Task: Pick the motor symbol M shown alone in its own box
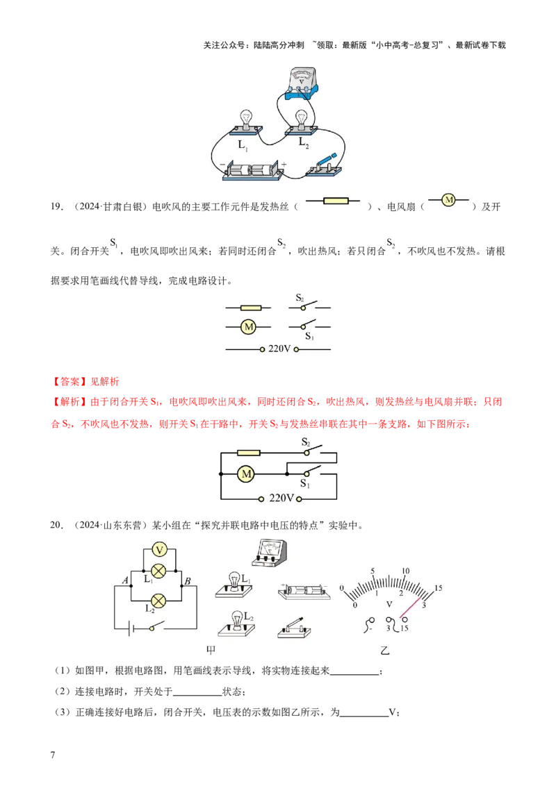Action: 448,200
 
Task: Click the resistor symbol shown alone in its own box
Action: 336,201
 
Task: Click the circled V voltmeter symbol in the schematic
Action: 159,550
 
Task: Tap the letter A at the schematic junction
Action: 126,580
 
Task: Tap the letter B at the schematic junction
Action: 187,580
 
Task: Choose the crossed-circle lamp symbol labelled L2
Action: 159,600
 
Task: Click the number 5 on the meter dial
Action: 373,571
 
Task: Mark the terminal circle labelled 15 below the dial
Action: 404,621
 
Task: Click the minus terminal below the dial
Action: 370,621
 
